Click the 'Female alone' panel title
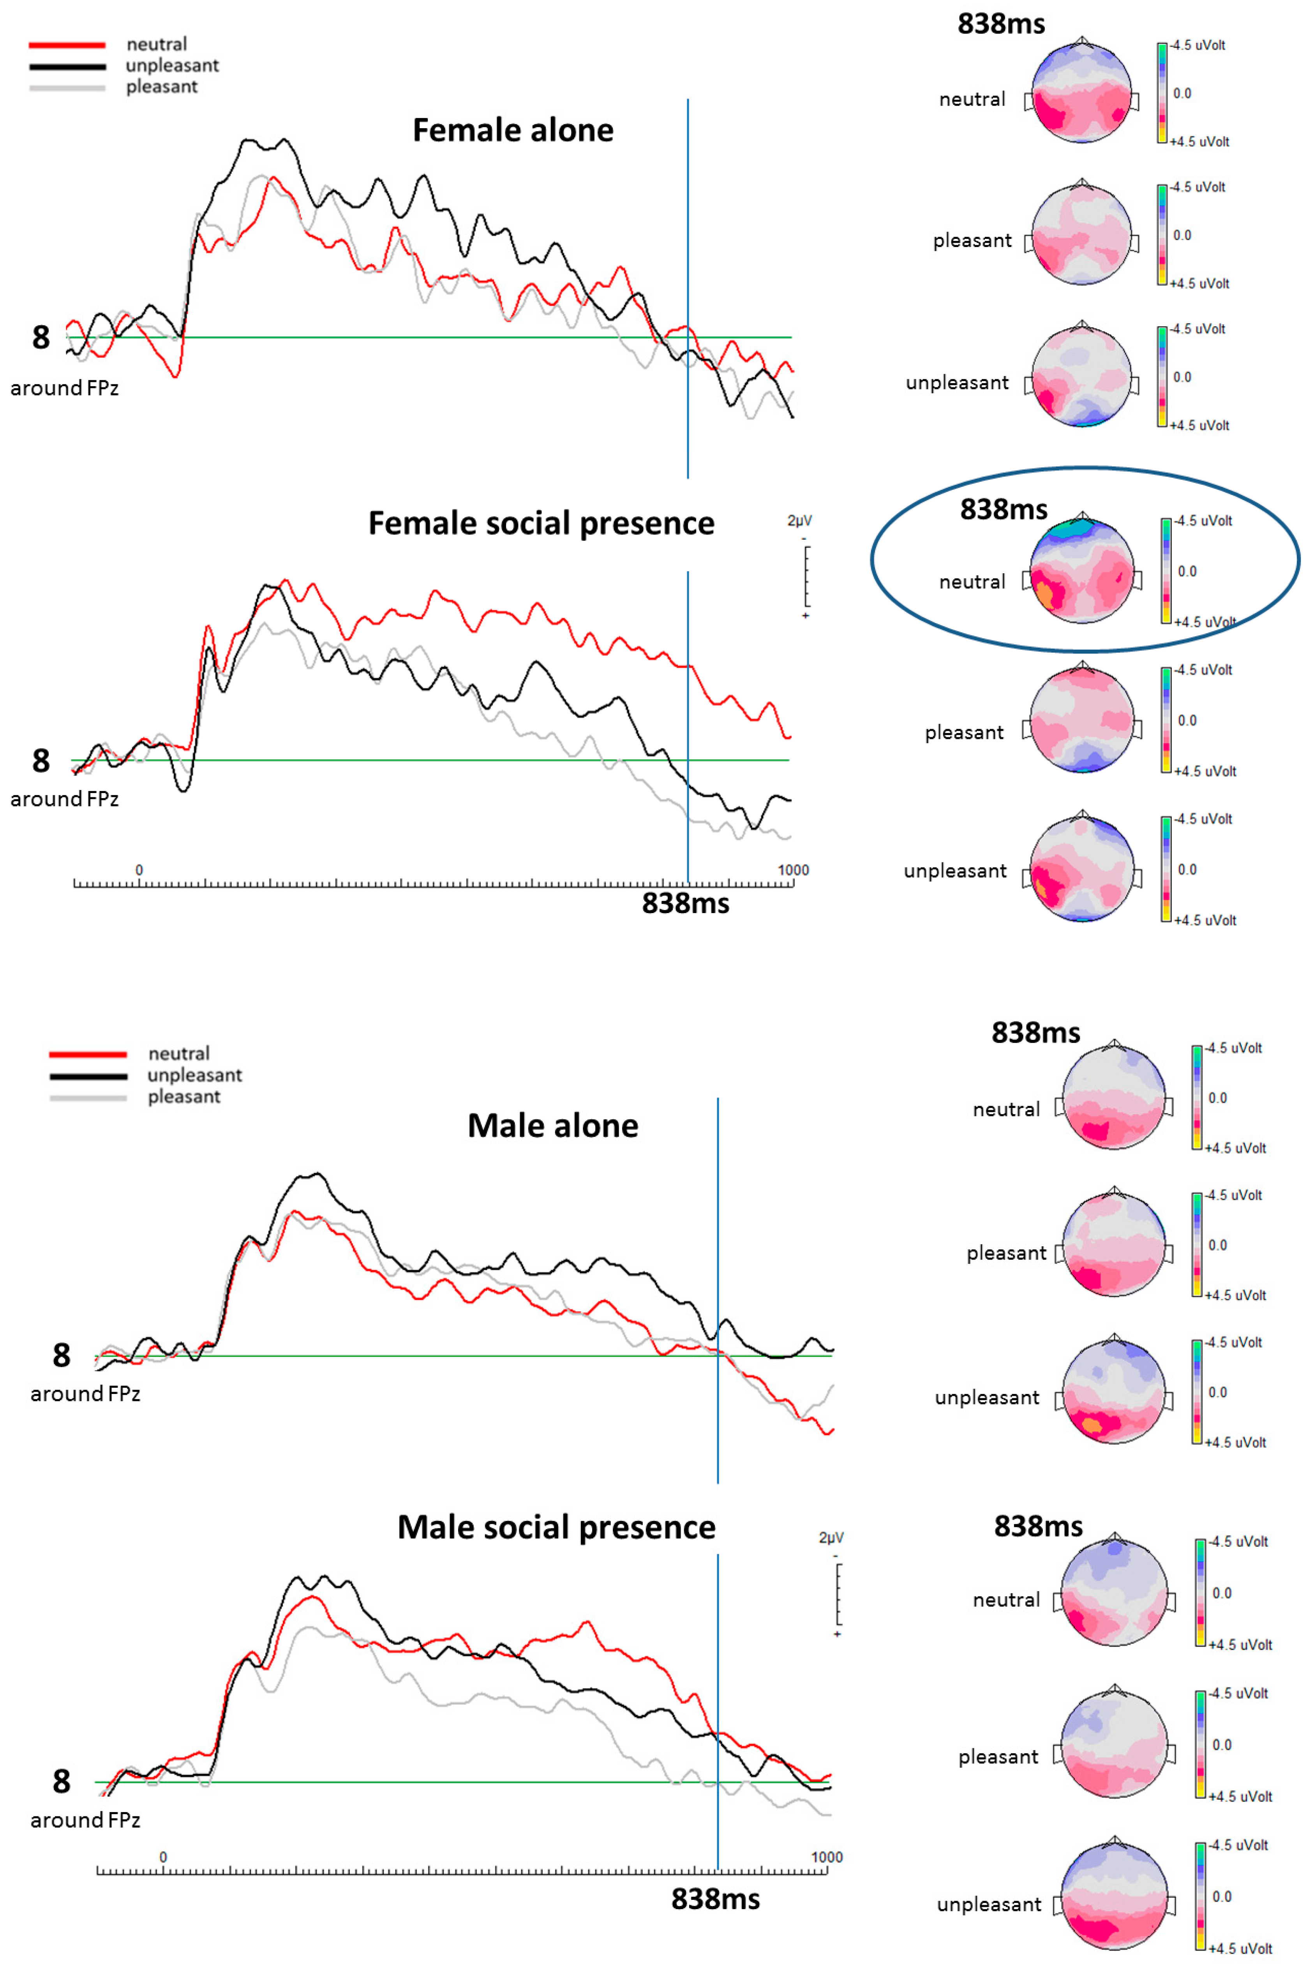point(513,130)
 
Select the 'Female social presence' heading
point(541,523)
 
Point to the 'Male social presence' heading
point(556,1527)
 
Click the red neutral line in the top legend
point(67,44)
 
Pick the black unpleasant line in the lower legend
point(88,1075)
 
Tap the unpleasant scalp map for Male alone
point(1114,1392)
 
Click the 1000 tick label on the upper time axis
point(793,870)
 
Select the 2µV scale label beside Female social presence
point(799,521)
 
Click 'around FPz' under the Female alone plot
point(65,388)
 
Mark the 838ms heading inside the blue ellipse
point(1003,509)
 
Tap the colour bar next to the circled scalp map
point(1166,571)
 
